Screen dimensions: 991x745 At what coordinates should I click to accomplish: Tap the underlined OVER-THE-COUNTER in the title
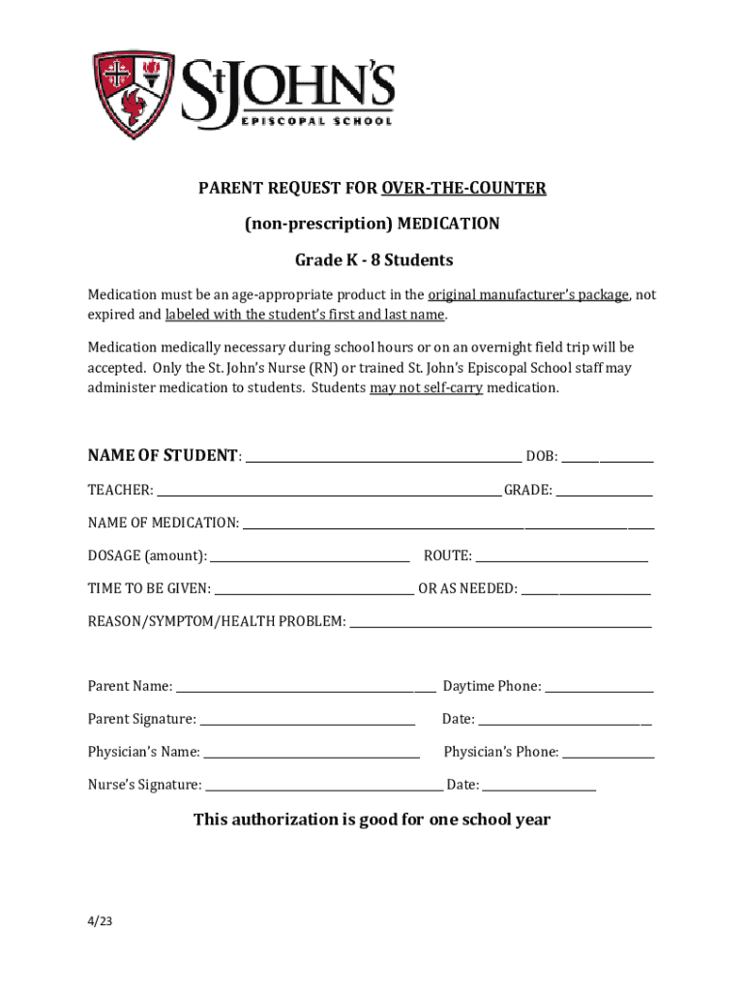point(463,188)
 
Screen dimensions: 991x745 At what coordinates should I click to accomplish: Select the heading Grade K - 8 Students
point(373,260)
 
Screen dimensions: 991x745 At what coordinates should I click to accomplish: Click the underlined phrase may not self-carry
point(426,387)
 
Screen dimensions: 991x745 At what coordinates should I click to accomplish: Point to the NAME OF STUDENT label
point(163,456)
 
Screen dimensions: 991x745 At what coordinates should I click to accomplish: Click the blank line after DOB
point(607,459)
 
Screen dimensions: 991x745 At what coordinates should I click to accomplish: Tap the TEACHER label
point(120,491)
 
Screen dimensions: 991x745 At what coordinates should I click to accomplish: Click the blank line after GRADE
point(604,493)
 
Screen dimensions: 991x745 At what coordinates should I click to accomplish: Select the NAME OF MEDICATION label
point(163,523)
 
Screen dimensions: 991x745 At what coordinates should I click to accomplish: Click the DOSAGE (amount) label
point(147,556)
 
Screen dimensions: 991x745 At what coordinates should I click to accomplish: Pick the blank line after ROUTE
point(561,557)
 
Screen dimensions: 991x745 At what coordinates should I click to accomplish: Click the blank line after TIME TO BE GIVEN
point(313,590)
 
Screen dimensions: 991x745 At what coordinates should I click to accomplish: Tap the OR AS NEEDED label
point(467,588)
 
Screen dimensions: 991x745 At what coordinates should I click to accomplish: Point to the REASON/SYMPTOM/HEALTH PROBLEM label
point(217,621)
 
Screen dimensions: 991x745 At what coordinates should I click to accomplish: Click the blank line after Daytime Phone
point(599,689)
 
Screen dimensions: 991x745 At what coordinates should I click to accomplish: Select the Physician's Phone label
point(500,752)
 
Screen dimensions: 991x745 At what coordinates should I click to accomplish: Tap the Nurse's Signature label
point(145,785)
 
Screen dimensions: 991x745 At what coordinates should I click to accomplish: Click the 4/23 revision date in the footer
point(101,921)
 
